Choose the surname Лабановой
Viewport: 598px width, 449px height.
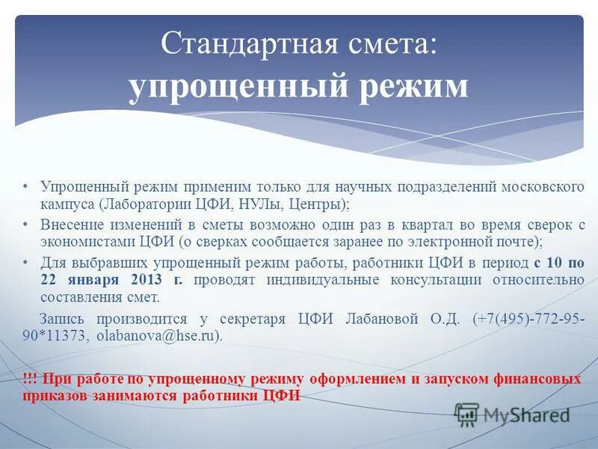pos(385,318)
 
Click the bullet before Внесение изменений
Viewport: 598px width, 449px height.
pos(25,224)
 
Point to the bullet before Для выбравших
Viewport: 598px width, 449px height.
pos(25,262)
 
